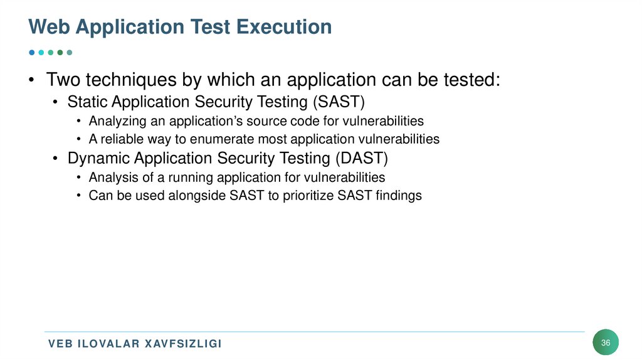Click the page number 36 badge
pos(606,342)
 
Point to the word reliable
pos(122,139)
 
